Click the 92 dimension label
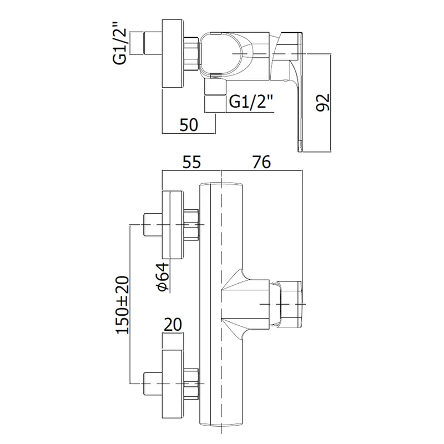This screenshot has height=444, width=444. (323, 102)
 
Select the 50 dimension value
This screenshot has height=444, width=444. (189, 125)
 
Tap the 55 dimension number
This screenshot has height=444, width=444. (191, 162)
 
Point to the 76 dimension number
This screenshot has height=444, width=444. (261, 162)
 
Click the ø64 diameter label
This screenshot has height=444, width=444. (162, 276)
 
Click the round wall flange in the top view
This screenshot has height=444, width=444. (172, 53)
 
